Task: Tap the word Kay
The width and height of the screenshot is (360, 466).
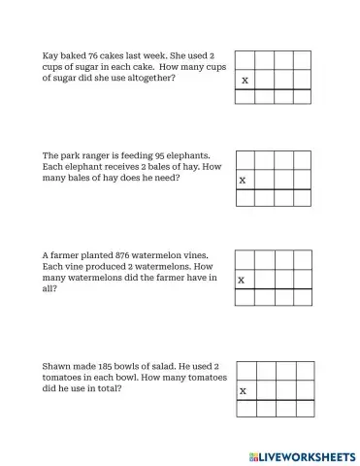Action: coord(49,55)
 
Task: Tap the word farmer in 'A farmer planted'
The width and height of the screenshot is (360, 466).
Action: coord(67,256)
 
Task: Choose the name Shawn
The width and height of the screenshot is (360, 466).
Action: coord(55,367)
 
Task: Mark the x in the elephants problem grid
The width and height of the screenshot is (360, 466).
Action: coord(243,181)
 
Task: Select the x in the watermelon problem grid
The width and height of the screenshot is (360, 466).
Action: coord(242,281)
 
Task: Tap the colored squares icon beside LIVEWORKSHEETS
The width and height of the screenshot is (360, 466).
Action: coord(254,456)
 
